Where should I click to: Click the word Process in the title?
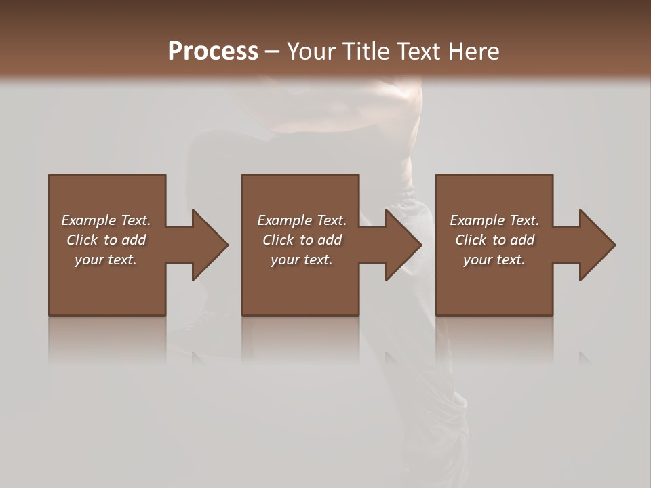coord(213,52)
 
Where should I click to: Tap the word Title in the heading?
coord(364,52)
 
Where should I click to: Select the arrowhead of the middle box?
coord(403,245)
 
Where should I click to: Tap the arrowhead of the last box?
coord(597,245)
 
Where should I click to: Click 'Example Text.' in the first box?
coord(106,220)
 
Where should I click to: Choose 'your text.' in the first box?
coord(106,260)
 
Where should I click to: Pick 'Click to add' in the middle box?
coord(302,240)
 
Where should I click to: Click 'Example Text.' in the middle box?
coord(302,220)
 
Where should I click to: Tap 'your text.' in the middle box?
coord(302,260)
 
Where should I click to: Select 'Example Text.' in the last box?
coord(494,220)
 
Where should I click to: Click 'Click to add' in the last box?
coord(494,240)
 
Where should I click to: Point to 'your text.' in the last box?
coord(494,260)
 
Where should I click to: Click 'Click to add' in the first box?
coord(106,240)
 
